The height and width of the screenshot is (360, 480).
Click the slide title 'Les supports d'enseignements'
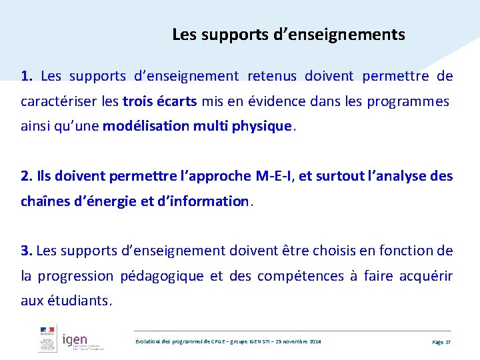pos(288,34)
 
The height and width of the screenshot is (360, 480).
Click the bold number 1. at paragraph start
pos(27,76)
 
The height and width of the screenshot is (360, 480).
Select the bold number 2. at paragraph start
pos(27,176)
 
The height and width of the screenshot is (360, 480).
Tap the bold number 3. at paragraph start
pos(27,251)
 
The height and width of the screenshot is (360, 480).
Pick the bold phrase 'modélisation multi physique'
pos(197,126)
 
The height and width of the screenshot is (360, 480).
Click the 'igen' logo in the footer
pos(75,341)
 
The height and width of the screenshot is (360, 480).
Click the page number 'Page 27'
pos(441,341)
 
